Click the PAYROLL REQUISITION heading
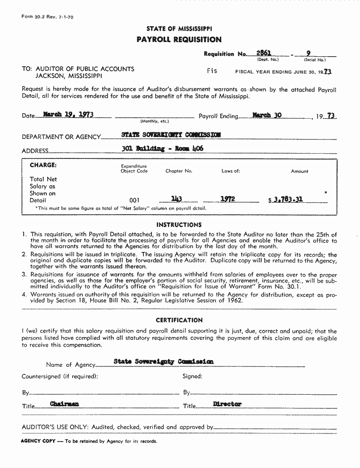tap(179, 40)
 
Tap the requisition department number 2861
tap(264, 53)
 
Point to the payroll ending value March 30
tap(267, 115)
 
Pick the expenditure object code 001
tap(134, 200)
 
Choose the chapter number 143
tap(177, 199)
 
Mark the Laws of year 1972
tap(228, 199)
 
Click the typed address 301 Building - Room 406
tap(163, 148)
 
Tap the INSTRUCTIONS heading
tap(179, 225)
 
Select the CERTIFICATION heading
tap(179, 320)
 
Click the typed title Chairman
tap(65, 404)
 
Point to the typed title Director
tap(227, 404)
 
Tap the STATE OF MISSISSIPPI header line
tap(179, 29)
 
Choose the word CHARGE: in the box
tap(43, 165)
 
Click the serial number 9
tap(308, 53)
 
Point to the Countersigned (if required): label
tap(60, 377)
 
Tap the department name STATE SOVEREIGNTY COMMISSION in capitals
tap(171, 135)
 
